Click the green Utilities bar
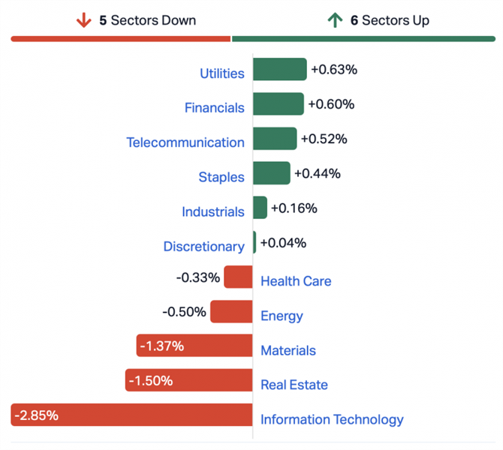pyautogui.click(x=279, y=69)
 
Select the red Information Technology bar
pyautogui.click(x=131, y=415)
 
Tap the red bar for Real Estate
pyautogui.click(x=188, y=380)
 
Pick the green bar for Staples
pyautogui.click(x=271, y=173)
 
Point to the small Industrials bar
pyautogui.click(x=260, y=208)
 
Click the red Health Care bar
pyautogui.click(x=238, y=277)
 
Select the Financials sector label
pyautogui.click(x=214, y=108)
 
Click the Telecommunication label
pyautogui.click(x=185, y=142)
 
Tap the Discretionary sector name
pyautogui.click(x=203, y=247)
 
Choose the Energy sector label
pyautogui.click(x=282, y=316)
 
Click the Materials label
pyautogui.click(x=288, y=350)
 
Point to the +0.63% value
pyautogui.click(x=333, y=70)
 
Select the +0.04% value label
pyautogui.click(x=285, y=243)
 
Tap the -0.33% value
pyautogui.click(x=198, y=277)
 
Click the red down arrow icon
pyautogui.click(x=83, y=20)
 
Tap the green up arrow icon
pyautogui.click(x=334, y=20)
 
